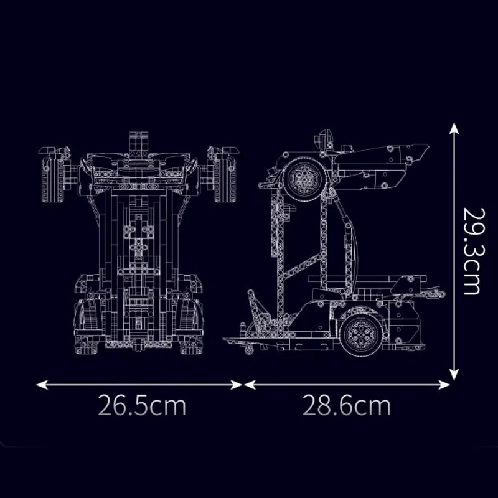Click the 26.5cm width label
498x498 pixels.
click(142, 405)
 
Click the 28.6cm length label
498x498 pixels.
click(347, 405)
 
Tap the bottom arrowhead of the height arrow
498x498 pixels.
click(454, 375)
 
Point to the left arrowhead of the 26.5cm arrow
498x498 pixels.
click(42, 385)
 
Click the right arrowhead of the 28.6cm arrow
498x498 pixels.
click(444, 385)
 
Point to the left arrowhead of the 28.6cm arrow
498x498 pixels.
click(250, 385)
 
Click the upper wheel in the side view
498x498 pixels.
click(304, 177)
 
